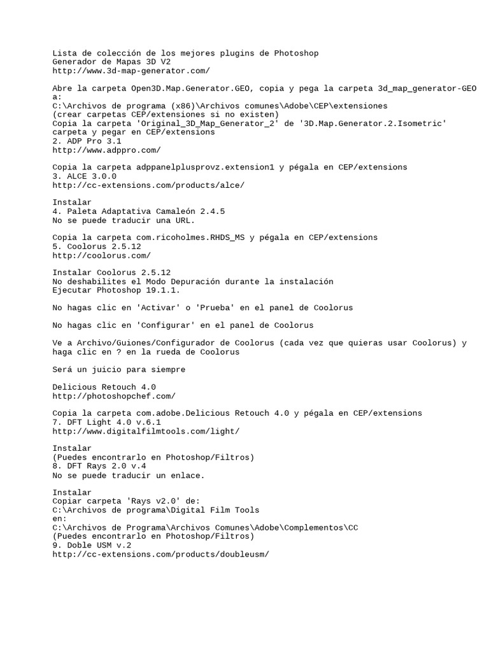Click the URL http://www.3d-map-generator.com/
tap(131, 71)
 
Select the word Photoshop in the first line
tap(296, 53)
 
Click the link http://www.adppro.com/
tap(106, 150)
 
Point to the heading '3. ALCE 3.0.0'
tap(84, 176)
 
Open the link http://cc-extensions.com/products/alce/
tap(148, 185)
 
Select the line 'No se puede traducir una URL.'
tap(124, 220)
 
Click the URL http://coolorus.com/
tap(101, 255)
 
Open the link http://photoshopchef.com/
tap(114, 396)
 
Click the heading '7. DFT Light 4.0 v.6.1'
tap(106, 422)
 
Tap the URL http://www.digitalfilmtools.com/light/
tap(146, 431)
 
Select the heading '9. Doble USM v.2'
tap(92, 546)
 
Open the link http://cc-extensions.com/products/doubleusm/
tap(160, 555)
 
